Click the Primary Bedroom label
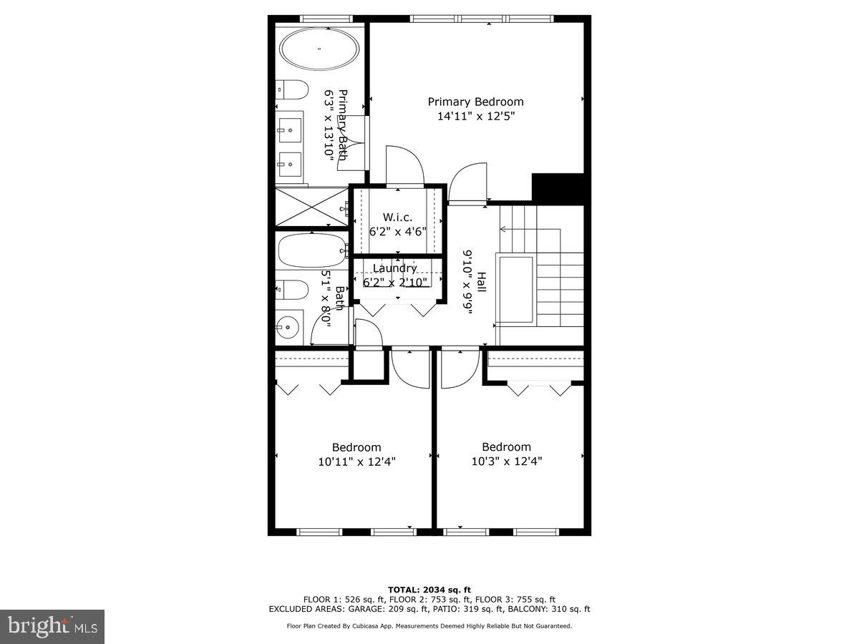tap(475, 102)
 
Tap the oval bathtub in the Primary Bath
tap(319, 49)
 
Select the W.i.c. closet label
tap(398, 217)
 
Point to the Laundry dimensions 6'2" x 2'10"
tap(395, 282)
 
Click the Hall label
tap(482, 281)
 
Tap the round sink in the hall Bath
tap(288, 327)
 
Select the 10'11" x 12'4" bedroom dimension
tap(356, 462)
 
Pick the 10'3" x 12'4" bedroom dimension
tap(506, 462)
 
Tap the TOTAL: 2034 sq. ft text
tap(429, 589)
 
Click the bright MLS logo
tap(52, 627)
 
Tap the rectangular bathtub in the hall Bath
tap(312, 250)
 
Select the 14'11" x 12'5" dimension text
tap(476, 115)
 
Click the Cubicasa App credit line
tap(429, 626)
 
